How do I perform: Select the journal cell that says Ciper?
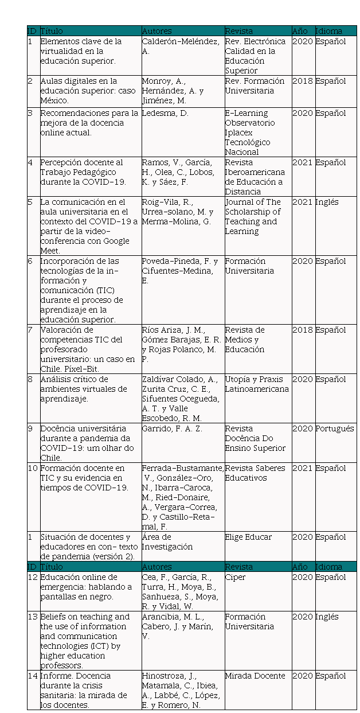pos(235,577)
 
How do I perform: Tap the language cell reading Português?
pos(335,428)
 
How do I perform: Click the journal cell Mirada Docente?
pos(255,676)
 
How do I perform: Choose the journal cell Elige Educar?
pos(248,537)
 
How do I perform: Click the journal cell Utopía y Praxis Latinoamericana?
pos(256,384)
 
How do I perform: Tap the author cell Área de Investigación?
pos(167,541)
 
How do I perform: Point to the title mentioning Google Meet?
pos(89,226)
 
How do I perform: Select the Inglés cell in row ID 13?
pos(327,617)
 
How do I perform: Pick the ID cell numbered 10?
pos(32,468)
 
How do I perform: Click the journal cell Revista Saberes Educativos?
pos(255,473)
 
